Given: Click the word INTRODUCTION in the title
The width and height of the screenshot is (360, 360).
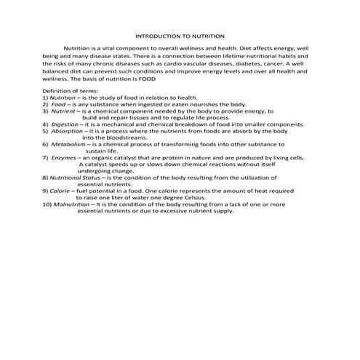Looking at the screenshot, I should tap(156, 35).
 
